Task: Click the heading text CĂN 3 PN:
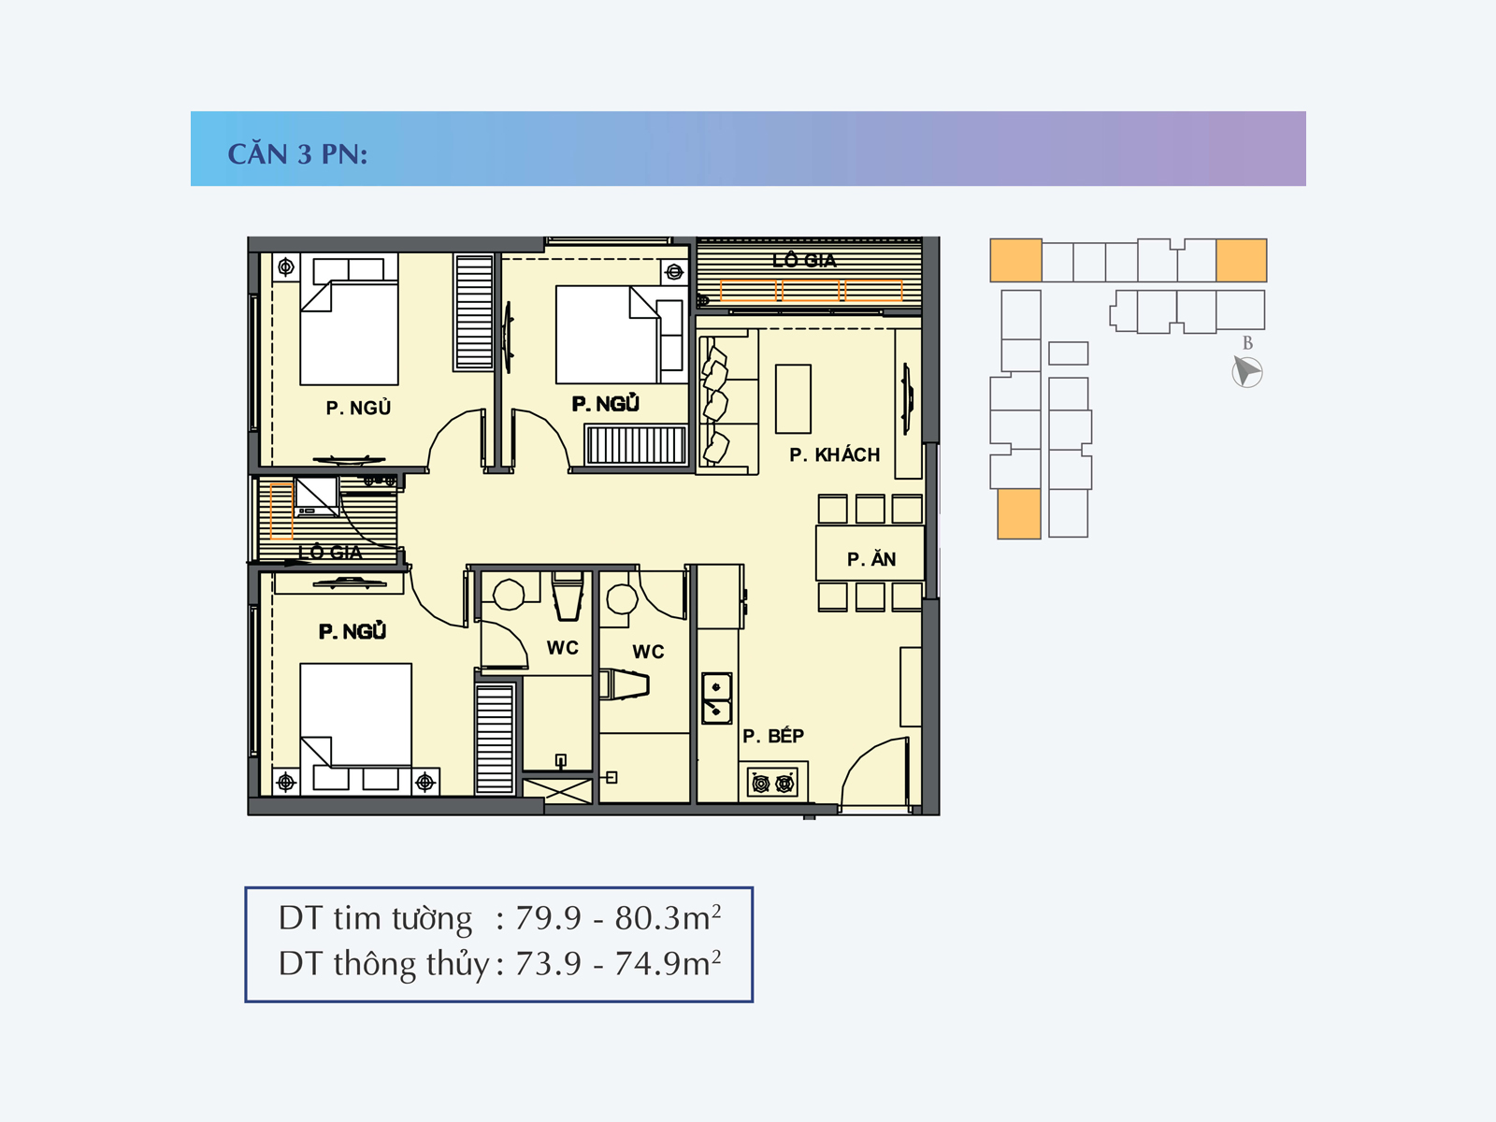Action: (297, 154)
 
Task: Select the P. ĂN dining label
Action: (871, 558)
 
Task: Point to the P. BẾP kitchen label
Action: (773, 735)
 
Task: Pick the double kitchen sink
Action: (716, 698)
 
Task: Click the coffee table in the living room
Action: (793, 398)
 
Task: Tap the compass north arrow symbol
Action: (1247, 372)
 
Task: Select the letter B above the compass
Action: (1247, 342)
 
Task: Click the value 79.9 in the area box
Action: (548, 918)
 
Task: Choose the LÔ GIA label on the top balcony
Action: (804, 260)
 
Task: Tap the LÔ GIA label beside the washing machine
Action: (331, 552)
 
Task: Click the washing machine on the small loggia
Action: (316, 496)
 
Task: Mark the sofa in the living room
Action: (727, 402)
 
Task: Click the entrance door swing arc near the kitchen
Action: (862, 759)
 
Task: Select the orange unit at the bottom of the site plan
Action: (1019, 513)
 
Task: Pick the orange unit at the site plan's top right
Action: (1241, 260)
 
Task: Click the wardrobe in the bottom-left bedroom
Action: (494, 739)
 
